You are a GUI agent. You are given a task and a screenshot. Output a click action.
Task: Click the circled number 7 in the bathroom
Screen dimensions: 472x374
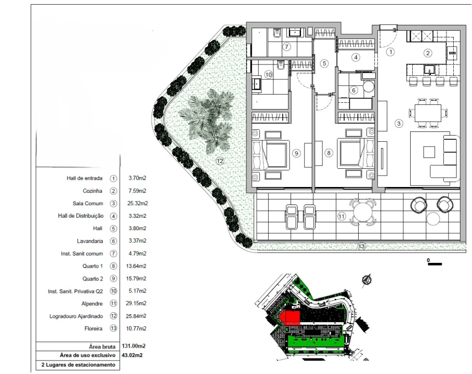(x=286, y=47)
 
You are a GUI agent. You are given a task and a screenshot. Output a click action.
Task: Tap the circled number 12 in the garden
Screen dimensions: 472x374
(x=220, y=161)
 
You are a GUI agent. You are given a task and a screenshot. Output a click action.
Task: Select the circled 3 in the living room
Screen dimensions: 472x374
(x=399, y=123)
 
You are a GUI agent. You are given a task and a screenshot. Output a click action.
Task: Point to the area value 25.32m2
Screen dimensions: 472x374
(x=138, y=204)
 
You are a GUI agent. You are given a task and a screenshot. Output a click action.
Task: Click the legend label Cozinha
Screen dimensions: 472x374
(x=93, y=191)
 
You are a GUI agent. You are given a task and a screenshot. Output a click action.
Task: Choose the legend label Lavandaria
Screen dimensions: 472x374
(x=90, y=241)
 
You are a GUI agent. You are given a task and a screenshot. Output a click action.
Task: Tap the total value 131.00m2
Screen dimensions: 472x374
(x=134, y=346)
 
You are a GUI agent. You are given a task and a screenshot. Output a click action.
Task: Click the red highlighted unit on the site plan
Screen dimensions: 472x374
(x=290, y=318)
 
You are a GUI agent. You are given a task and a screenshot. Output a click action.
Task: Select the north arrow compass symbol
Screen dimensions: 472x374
(x=366, y=280)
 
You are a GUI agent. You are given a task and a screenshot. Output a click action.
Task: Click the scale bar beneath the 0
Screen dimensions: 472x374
(x=435, y=264)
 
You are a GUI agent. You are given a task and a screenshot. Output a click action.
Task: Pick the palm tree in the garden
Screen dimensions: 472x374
(x=208, y=119)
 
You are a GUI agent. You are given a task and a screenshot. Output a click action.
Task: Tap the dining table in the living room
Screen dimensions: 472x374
(x=428, y=113)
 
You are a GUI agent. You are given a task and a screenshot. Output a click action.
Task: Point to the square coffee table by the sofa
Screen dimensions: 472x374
(x=429, y=152)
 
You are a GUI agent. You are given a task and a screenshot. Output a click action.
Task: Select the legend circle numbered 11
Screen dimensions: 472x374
(x=113, y=303)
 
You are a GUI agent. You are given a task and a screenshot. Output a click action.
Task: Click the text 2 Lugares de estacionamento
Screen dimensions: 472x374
(x=78, y=365)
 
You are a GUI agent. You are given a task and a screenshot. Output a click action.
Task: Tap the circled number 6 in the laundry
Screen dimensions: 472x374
(x=353, y=90)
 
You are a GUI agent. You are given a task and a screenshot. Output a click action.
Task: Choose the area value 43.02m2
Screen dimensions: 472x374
(x=132, y=355)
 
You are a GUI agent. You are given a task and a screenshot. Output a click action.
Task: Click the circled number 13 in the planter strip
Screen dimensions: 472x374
(x=361, y=246)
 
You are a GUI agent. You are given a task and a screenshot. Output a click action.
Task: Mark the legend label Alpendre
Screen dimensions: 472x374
(x=92, y=304)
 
